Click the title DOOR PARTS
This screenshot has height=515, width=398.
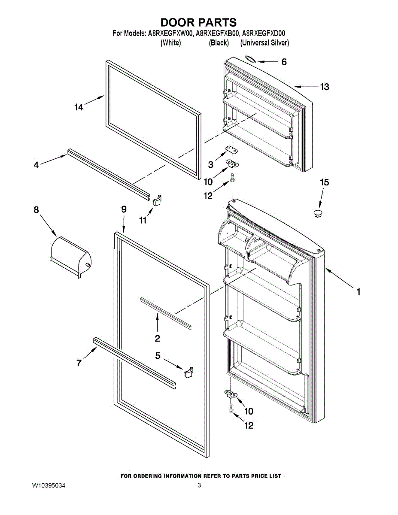pyautogui.click(x=198, y=22)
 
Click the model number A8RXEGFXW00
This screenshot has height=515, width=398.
pyautogui.click(x=170, y=33)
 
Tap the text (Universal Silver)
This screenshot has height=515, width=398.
pyautogui.click(x=264, y=43)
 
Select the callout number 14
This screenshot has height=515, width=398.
pyautogui.click(x=78, y=107)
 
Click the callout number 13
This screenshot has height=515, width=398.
pyautogui.click(x=325, y=87)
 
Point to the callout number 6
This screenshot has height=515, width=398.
pyautogui.click(x=284, y=62)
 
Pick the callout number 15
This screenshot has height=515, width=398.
pyautogui.click(x=325, y=182)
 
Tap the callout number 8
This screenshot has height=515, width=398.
pyautogui.click(x=36, y=210)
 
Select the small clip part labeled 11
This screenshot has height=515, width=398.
pyautogui.click(x=157, y=200)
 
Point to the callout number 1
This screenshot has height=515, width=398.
pyautogui.click(x=358, y=292)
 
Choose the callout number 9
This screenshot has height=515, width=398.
pyautogui.click(x=124, y=209)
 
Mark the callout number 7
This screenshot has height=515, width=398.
pyautogui.click(x=79, y=363)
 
